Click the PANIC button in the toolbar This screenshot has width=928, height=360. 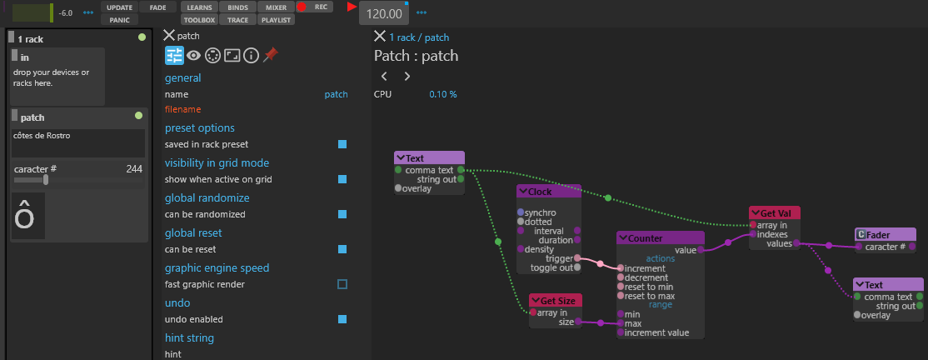tap(120, 19)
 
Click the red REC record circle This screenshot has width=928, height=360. tap(302, 7)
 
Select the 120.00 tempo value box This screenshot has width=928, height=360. tap(384, 13)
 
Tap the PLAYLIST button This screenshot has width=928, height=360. tap(277, 19)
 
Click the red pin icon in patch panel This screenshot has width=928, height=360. tap(271, 55)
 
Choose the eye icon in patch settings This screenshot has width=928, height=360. tap(193, 56)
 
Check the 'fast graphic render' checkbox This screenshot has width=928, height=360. tap(342, 284)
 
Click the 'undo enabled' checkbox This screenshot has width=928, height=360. tap(342, 319)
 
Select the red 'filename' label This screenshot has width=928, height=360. tap(183, 109)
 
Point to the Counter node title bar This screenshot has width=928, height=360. tap(661, 238)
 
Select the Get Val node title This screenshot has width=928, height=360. tap(775, 213)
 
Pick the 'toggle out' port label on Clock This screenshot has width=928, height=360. tap(551, 267)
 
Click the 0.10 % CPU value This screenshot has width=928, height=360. tap(443, 94)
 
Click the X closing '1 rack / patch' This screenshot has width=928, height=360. tap(380, 37)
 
